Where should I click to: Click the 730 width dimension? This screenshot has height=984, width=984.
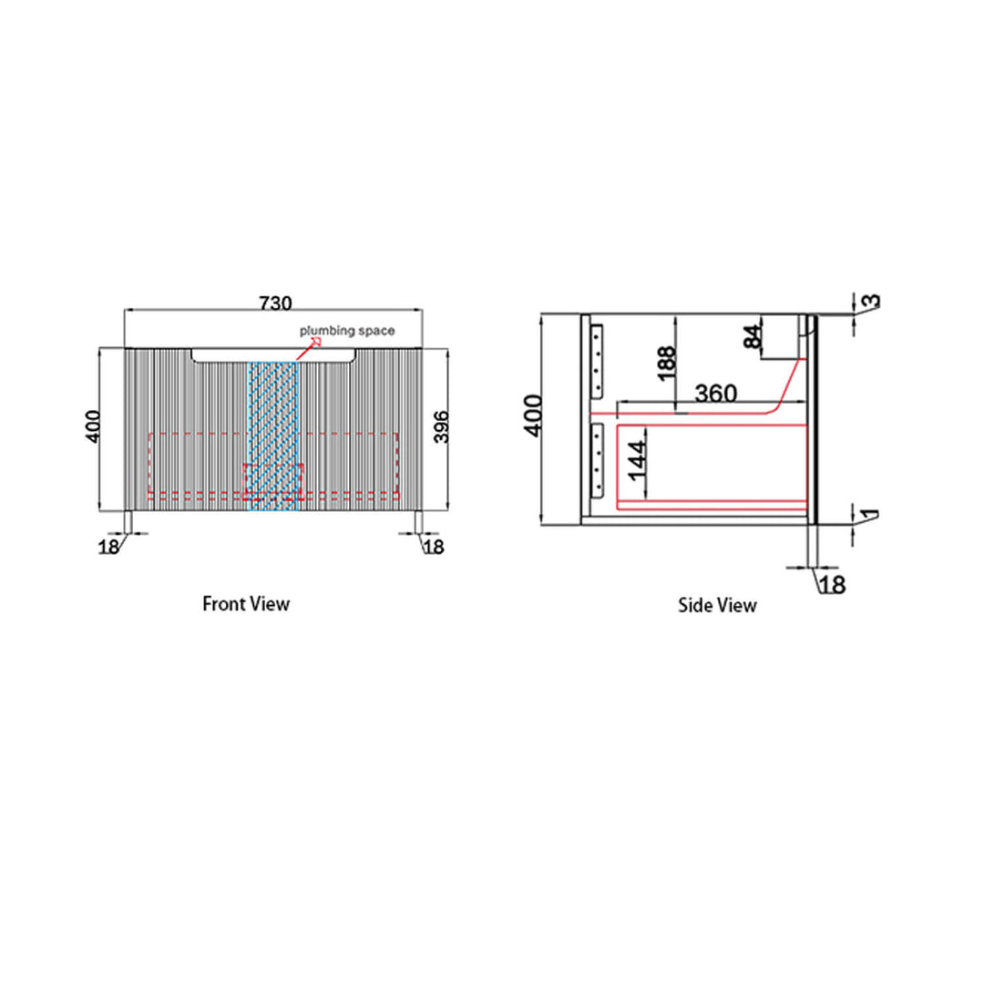click(275, 303)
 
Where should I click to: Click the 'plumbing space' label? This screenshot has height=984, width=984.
click(347, 330)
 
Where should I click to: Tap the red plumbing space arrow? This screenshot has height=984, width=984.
click(309, 349)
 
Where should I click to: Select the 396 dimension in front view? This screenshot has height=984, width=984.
click(442, 426)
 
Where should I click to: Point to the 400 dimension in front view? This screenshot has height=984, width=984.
click(92, 426)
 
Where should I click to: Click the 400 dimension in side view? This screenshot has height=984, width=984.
click(533, 415)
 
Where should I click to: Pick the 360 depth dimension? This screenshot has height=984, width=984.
click(716, 394)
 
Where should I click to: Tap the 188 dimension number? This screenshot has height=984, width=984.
click(666, 363)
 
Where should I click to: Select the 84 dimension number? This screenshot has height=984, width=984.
click(753, 337)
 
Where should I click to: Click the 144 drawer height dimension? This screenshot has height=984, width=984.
click(637, 461)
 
